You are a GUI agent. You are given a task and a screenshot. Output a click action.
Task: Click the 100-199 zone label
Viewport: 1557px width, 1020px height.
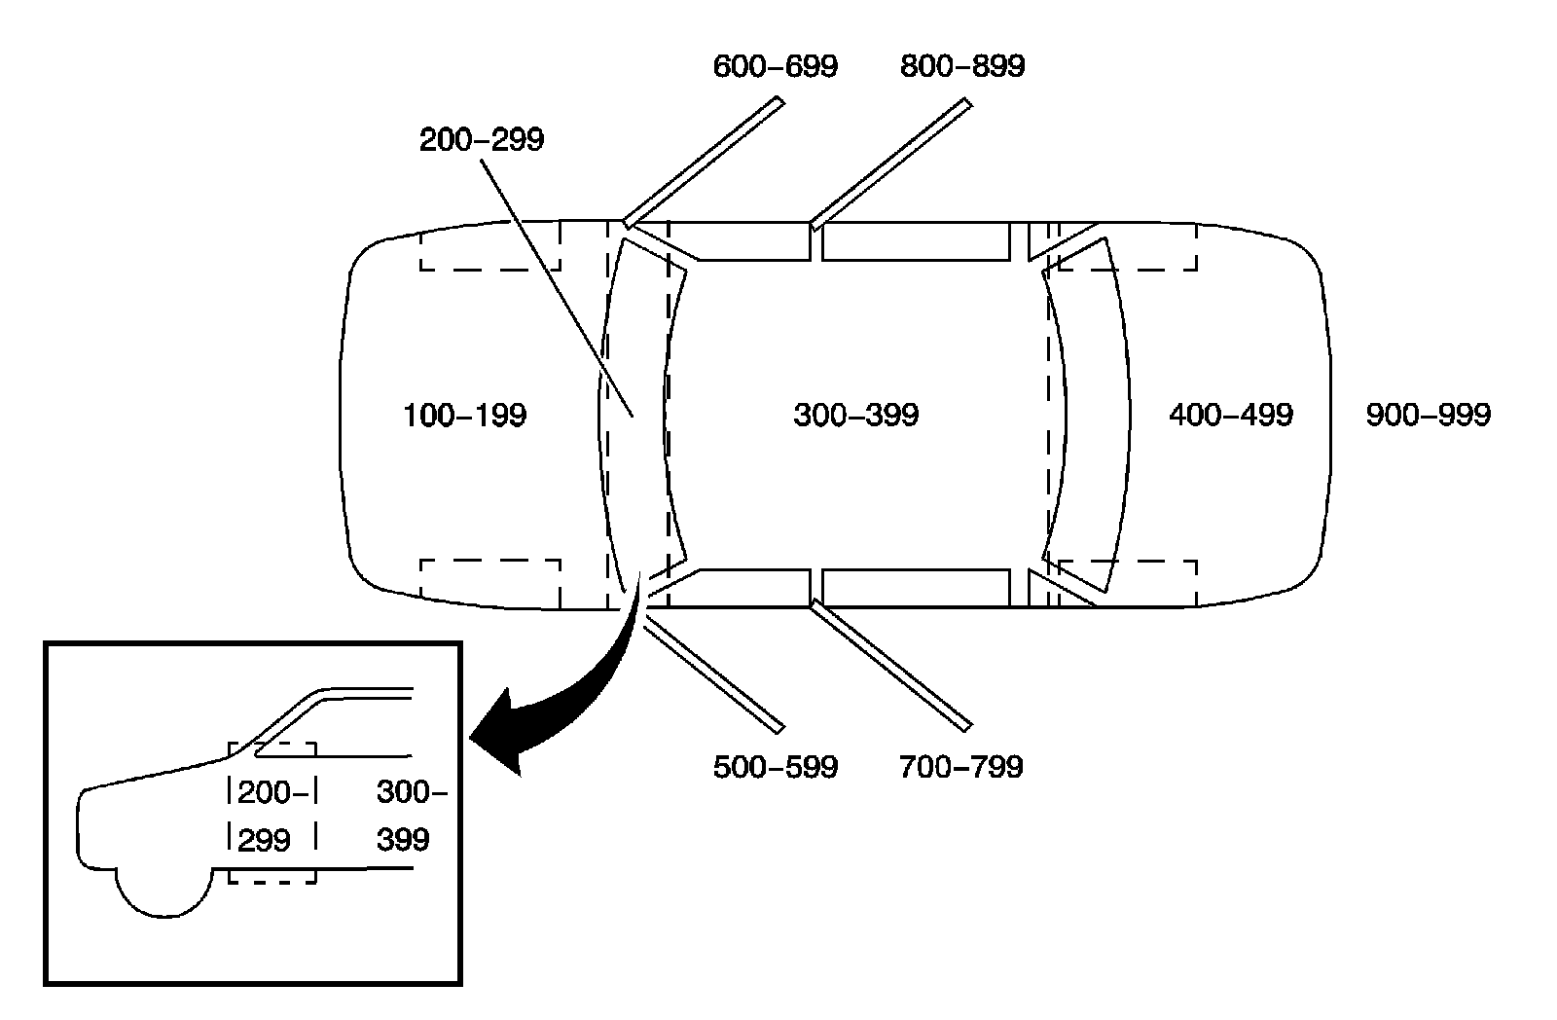click(464, 416)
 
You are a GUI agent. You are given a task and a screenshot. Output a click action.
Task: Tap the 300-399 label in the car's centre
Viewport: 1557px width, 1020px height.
click(855, 416)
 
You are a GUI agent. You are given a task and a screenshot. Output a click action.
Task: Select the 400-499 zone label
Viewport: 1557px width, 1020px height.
click(1230, 416)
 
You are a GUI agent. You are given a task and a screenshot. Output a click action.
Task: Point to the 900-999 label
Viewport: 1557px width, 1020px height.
click(1428, 416)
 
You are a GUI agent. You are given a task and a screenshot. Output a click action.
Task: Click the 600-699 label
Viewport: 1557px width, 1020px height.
click(775, 66)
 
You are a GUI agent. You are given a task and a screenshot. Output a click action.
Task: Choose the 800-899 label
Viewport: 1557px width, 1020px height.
click(961, 66)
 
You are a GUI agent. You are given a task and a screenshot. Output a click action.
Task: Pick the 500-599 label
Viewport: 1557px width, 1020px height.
click(775, 767)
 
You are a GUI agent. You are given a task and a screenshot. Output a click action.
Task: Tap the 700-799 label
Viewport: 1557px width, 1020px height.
click(961, 767)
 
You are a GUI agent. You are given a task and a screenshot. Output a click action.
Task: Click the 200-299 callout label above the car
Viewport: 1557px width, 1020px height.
click(482, 140)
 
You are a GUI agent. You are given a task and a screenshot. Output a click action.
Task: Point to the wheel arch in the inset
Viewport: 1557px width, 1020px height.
click(163, 891)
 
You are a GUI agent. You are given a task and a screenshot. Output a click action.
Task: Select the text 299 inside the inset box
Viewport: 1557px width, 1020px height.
click(265, 839)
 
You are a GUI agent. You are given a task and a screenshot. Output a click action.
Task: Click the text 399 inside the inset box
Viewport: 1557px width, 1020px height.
click(403, 839)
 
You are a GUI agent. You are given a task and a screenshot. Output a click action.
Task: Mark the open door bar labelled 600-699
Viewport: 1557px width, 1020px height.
click(703, 162)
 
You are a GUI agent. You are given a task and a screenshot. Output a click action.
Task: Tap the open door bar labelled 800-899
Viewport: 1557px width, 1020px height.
click(890, 162)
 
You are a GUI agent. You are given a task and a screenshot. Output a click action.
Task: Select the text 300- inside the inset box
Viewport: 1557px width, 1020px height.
click(411, 793)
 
